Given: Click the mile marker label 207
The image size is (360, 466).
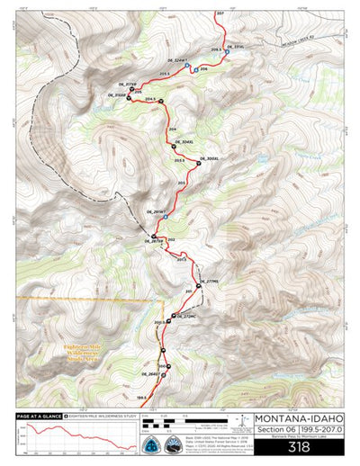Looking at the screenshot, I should (220, 14).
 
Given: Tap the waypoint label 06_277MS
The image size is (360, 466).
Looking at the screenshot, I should (209, 282).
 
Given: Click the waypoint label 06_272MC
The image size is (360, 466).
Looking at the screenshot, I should (184, 316).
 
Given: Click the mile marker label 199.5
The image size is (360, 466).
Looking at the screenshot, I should (142, 397).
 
